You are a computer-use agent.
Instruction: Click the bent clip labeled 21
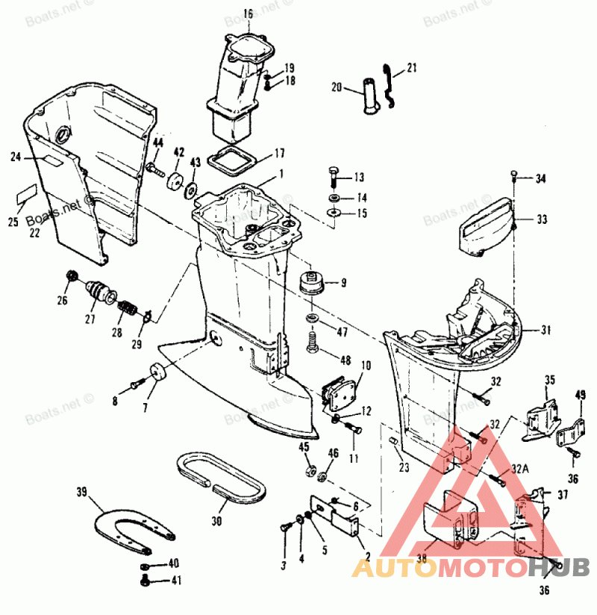pyautogui.click(x=387, y=86)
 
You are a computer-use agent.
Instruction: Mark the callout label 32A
pyautogui.click(x=521, y=469)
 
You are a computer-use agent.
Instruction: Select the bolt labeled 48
pyautogui.click(x=313, y=346)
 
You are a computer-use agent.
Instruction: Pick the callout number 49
pyautogui.click(x=581, y=395)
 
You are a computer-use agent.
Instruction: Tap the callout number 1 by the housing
pyautogui.click(x=281, y=173)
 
